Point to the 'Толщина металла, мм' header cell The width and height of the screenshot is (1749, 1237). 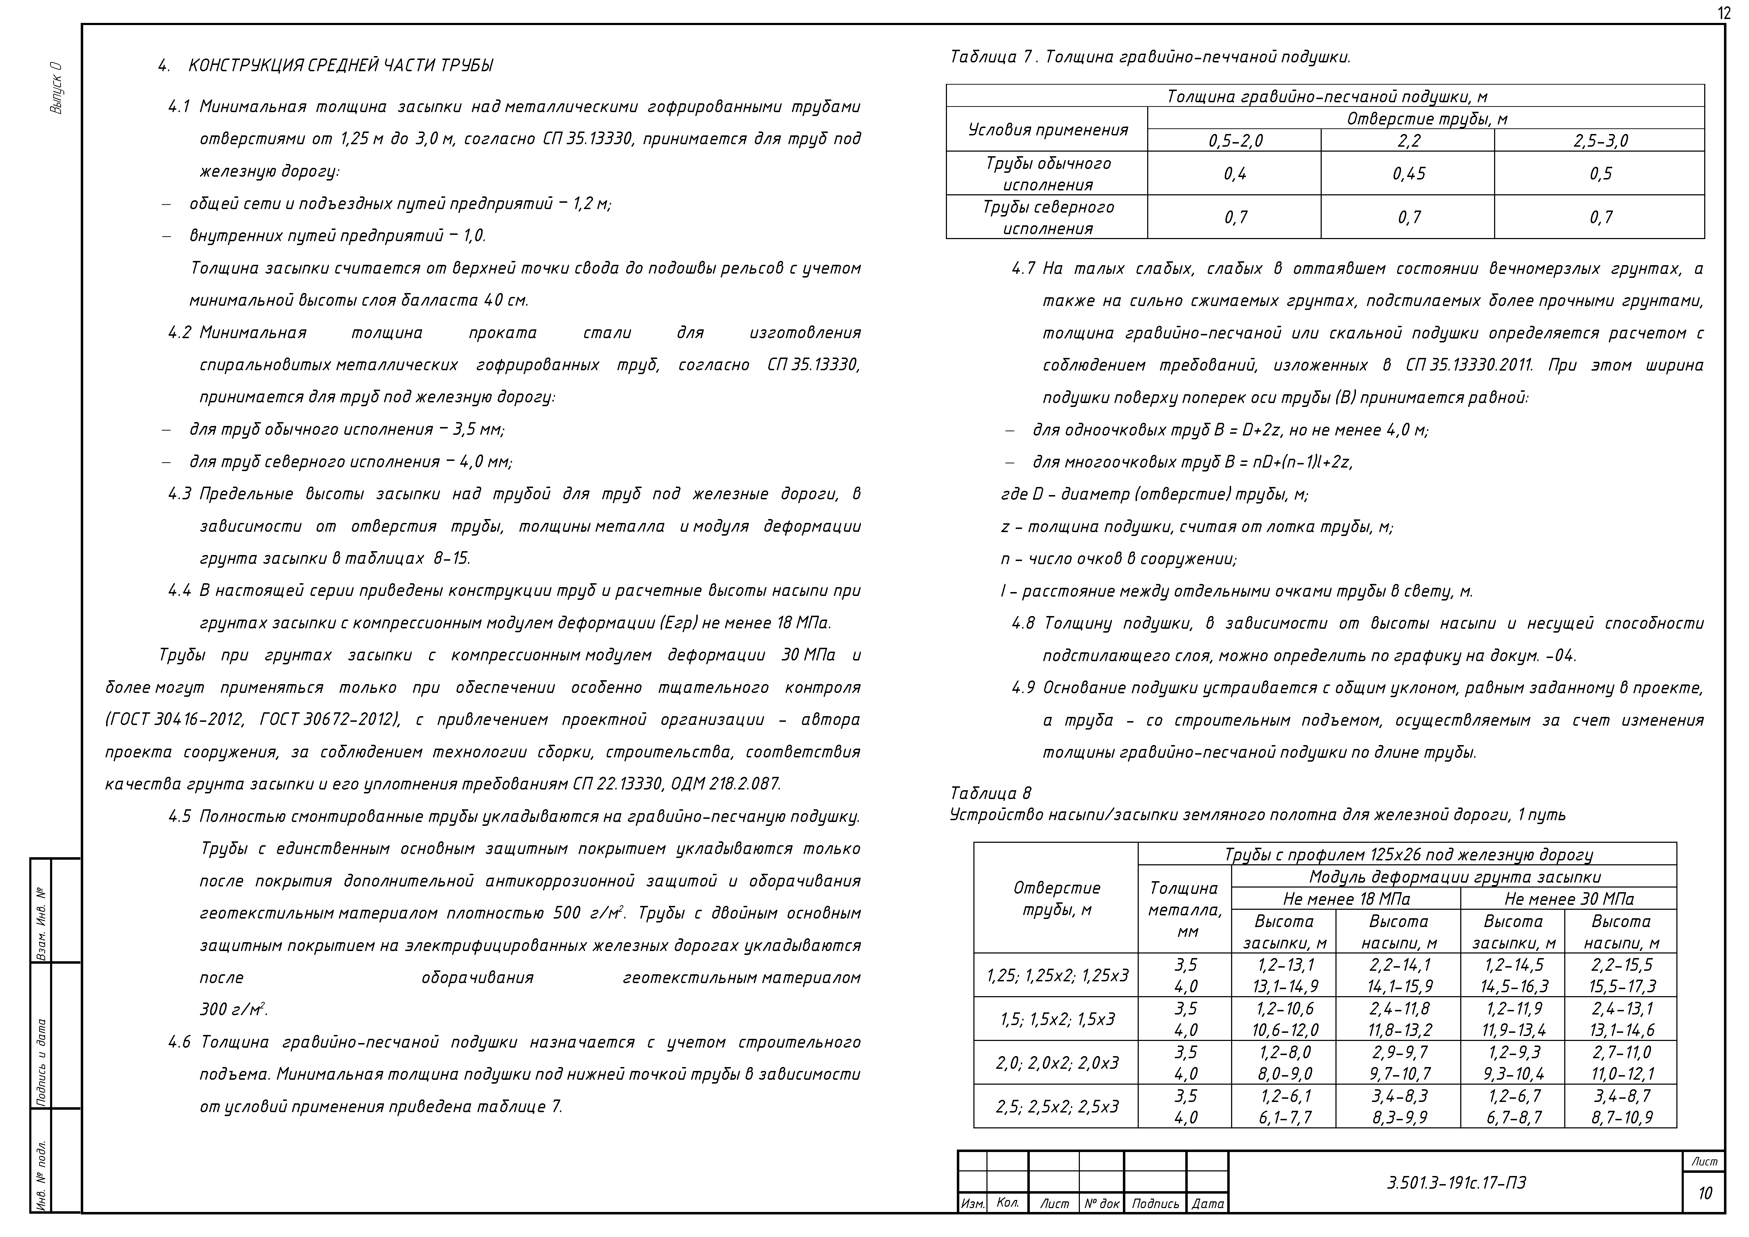1185,909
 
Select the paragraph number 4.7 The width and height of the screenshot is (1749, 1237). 1023,269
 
